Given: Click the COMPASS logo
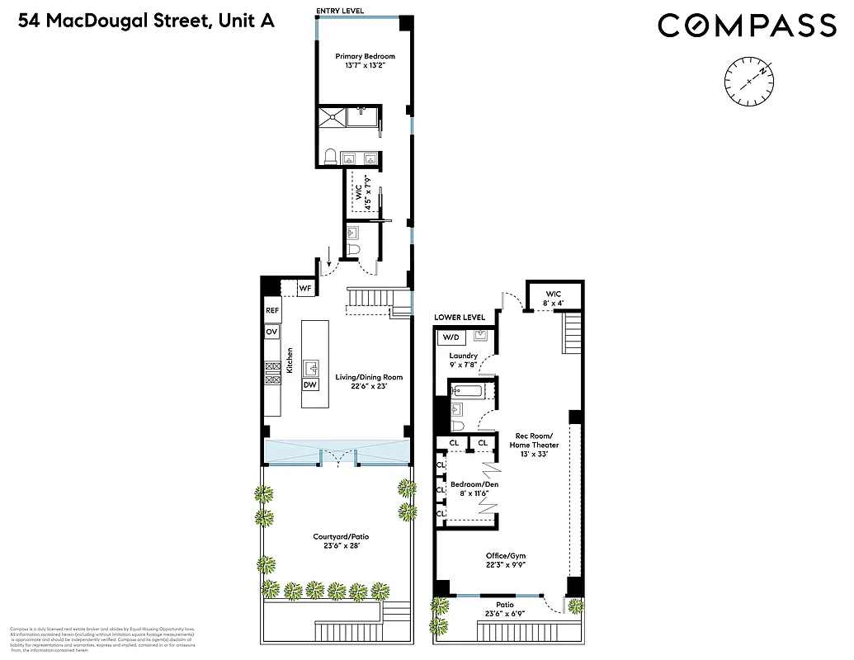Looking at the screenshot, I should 747,26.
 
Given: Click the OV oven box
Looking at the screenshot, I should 271,332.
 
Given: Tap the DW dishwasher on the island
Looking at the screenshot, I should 310,385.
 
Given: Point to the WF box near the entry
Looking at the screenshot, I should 304,288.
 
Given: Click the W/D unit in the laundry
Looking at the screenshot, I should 451,337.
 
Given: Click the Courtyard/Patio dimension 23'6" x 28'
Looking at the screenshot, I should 341,545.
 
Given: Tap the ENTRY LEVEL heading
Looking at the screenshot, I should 341,11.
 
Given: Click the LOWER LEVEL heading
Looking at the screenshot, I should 460,318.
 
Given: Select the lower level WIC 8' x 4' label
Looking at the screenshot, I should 553,298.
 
